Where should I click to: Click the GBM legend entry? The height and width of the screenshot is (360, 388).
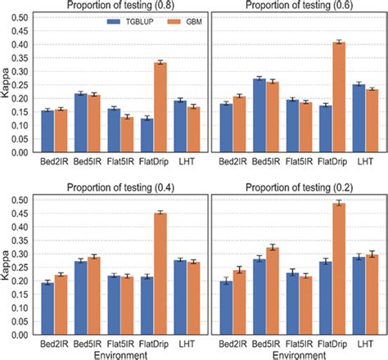pyautogui.click(x=184, y=18)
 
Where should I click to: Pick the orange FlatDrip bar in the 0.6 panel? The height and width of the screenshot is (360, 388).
pyautogui.click(x=337, y=94)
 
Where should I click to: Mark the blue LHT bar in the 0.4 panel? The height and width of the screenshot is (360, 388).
pyautogui.click(x=179, y=294)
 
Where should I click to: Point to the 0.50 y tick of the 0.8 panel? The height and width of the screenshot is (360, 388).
pyautogui.click(x=24, y=17)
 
